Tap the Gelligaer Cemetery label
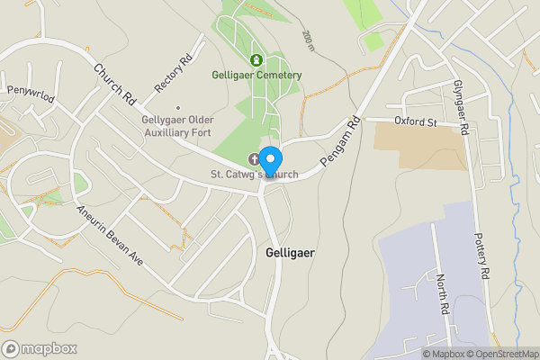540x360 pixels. point(256,75)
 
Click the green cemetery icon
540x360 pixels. point(256,60)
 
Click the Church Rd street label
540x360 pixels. point(113,81)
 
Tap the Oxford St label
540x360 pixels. point(414,121)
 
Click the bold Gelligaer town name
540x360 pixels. point(291,253)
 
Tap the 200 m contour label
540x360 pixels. point(309,39)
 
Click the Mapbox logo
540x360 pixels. point(40,348)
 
